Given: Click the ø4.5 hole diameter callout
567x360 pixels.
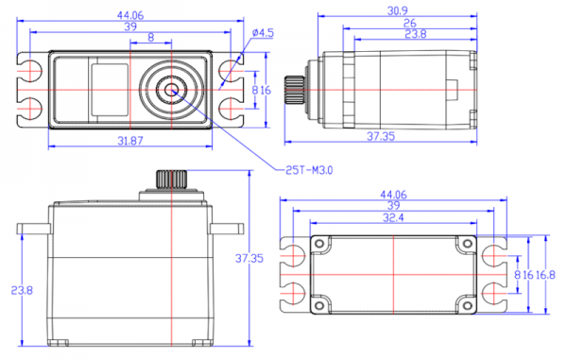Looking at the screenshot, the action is (263, 33).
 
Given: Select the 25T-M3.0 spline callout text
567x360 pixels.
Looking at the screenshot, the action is (309, 170).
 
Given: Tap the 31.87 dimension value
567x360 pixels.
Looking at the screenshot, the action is (130, 141).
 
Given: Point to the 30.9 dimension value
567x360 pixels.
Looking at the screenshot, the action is (398, 10).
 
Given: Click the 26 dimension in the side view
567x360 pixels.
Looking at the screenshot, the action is (410, 23).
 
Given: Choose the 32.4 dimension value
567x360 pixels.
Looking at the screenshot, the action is (393, 217).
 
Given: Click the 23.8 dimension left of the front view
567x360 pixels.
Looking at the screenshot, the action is (22, 290).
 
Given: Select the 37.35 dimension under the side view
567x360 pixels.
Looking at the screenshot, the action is (381, 136).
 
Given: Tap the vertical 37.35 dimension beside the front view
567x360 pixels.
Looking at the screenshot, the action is (249, 258).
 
